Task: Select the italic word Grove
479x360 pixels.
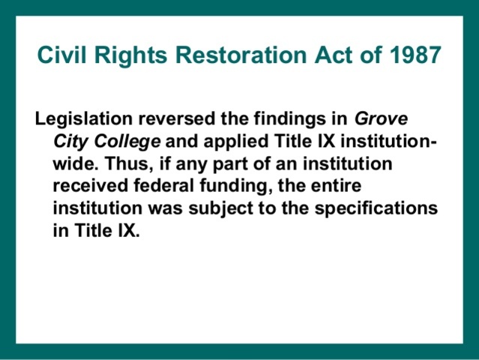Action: (x=377, y=119)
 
